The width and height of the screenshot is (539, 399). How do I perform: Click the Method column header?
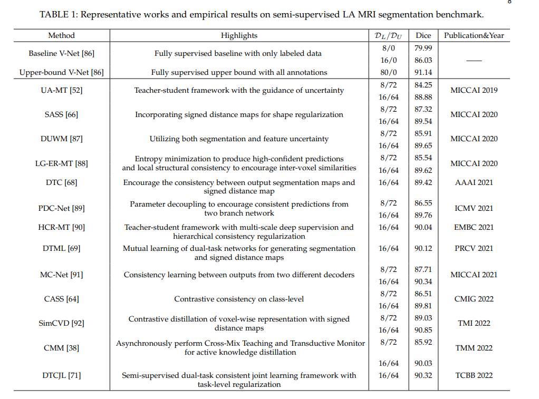tap(61, 36)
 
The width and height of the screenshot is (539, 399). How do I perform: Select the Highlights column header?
tap(239, 36)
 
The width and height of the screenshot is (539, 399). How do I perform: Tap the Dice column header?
tap(423, 36)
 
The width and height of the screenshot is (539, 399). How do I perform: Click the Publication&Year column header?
tap(474, 36)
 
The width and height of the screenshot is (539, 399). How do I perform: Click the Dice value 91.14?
tap(423, 72)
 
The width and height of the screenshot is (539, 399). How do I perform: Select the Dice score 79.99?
tap(423, 48)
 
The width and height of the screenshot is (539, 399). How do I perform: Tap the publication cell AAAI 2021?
tap(474, 182)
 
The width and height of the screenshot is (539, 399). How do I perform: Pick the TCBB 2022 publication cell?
tap(474, 375)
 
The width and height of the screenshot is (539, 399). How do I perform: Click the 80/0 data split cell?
tap(388, 72)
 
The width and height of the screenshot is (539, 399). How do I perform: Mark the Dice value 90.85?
tap(423, 330)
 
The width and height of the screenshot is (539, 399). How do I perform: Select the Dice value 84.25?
tap(423, 84)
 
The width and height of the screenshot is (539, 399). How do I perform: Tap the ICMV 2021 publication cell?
tap(474, 208)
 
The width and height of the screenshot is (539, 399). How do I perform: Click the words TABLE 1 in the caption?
tap(60, 14)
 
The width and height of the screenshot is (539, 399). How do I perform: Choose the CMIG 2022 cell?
tap(474, 299)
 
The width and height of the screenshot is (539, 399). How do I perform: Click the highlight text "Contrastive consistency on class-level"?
tap(239, 299)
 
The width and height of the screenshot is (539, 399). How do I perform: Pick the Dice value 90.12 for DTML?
tap(423, 248)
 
